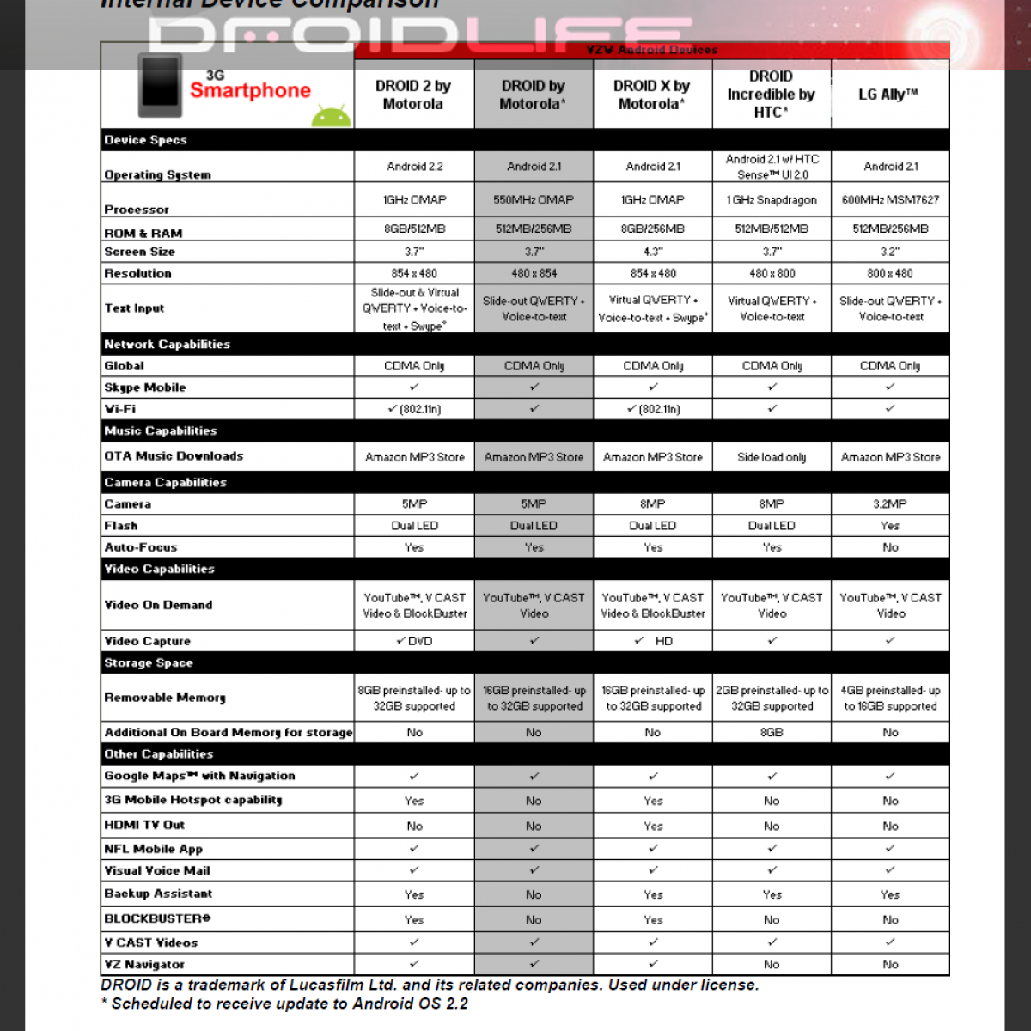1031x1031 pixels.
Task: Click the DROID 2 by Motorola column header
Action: (x=413, y=95)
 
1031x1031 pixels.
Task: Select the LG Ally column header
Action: (x=889, y=95)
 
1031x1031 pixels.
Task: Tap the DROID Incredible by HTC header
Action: (x=771, y=95)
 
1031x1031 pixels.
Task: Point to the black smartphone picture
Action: (x=161, y=85)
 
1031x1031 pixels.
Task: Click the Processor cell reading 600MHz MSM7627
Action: (x=890, y=199)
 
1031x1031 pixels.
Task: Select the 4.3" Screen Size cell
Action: (x=653, y=252)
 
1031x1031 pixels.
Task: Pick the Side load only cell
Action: (x=772, y=457)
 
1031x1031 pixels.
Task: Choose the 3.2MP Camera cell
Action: (x=890, y=504)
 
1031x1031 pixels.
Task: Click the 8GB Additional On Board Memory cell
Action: (x=772, y=733)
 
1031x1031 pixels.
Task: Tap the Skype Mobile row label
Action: (x=145, y=387)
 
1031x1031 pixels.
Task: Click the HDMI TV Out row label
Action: (x=144, y=825)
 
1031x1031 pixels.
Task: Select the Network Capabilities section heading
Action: (x=168, y=344)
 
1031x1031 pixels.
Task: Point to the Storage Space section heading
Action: (x=149, y=662)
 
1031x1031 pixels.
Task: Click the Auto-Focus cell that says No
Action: (x=890, y=547)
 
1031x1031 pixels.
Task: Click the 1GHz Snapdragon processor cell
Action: (x=772, y=199)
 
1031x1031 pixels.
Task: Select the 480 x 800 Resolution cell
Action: (x=772, y=273)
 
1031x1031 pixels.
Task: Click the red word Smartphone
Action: (x=250, y=90)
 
